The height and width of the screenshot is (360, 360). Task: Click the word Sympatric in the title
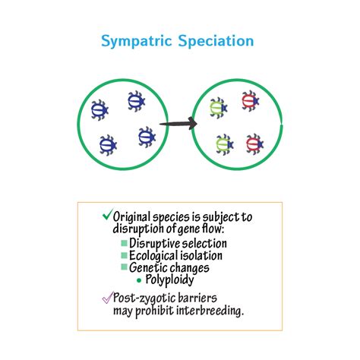(x=137, y=41)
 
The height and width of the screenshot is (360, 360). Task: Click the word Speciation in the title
(x=216, y=40)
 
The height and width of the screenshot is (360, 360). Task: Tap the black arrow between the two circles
(x=178, y=124)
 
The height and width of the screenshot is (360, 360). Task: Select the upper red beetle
(x=251, y=101)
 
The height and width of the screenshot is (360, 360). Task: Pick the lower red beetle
(x=254, y=144)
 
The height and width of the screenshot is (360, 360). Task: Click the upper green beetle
(x=219, y=108)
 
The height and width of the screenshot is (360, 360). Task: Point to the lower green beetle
(x=225, y=144)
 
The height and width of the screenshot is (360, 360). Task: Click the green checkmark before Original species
(x=107, y=214)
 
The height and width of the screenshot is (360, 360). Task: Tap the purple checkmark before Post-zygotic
(x=107, y=297)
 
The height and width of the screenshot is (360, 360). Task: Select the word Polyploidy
(x=169, y=279)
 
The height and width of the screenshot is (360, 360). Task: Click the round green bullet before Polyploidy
(x=139, y=280)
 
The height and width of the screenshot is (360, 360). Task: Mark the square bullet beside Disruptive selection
(x=124, y=243)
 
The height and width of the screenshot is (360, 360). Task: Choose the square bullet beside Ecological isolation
(x=124, y=255)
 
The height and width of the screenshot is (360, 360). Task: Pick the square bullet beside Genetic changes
(x=124, y=267)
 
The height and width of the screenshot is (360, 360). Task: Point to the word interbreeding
(x=210, y=311)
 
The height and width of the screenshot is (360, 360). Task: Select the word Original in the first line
(x=131, y=217)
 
